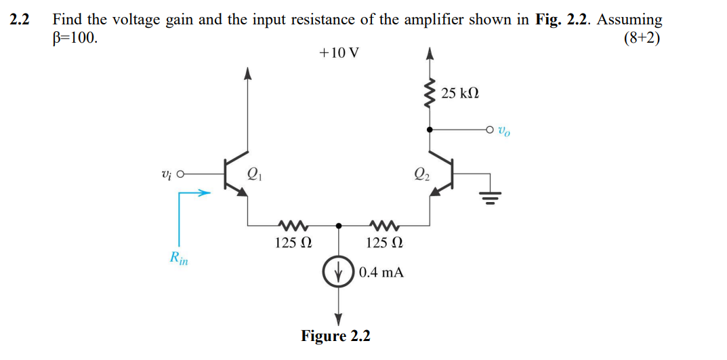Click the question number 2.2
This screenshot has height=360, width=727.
click(20, 20)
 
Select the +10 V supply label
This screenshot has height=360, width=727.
click(339, 53)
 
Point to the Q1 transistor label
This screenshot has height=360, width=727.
click(255, 175)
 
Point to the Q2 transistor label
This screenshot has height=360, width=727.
click(422, 175)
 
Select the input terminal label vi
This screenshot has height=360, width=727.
click(167, 174)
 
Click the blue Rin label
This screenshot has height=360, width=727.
click(179, 258)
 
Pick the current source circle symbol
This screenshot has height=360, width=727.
click(339, 273)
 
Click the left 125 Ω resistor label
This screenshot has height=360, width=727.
click(293, 243)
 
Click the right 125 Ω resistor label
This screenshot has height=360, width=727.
click(384, 243)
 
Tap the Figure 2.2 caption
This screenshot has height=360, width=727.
click(335, 336)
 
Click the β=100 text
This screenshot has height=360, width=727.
click(75, 37)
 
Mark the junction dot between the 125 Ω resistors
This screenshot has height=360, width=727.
click(339, 226)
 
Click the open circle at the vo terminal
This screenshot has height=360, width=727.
click(490, 130)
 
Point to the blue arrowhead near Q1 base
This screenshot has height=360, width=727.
click(205, 194)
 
